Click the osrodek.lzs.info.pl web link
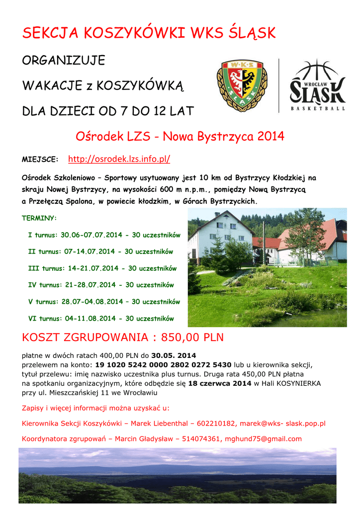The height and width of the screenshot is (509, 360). tap(119, 159)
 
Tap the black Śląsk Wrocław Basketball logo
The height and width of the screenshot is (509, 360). tap(317, 85)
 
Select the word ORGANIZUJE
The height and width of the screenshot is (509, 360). tap(64, 61)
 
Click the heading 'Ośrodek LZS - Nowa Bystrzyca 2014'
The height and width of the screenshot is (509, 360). tap(180, 136)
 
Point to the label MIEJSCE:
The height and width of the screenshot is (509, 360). tap(40, 160)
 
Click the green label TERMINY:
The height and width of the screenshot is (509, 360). tap(39, 218)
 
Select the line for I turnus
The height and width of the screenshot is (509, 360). tap(104, 235)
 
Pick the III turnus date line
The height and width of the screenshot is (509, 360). tap(102, 268)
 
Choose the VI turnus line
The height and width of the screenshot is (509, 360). tap(101, 318)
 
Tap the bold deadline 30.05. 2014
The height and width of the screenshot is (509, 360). tap(174, 355)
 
